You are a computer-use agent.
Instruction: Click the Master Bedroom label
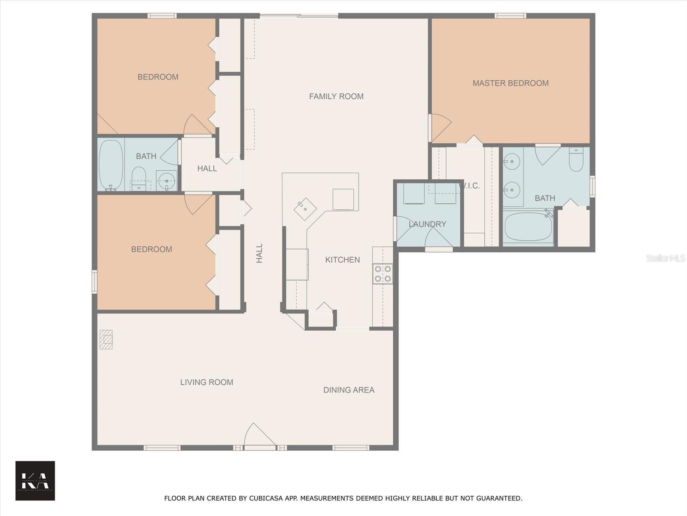point(511,83)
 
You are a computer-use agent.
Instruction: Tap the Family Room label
point(336,96)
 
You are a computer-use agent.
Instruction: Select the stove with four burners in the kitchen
point(383,273)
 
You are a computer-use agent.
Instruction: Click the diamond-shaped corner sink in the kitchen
point(305,209)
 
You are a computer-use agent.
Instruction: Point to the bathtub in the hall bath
point(111,164)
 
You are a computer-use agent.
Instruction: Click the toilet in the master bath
point(576,160)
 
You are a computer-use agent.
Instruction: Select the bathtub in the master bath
point(528,227)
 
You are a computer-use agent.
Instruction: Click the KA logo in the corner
point(35,481)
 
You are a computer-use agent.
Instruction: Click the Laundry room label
point(427,224)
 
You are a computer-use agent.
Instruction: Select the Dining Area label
point(349,390)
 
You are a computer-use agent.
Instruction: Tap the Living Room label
point(207,382)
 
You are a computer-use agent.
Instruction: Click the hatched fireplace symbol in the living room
point(106,339)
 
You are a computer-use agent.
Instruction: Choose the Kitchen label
point(342,260)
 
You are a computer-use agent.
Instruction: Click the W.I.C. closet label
point(471,186)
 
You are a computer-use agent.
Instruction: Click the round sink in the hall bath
point(167,181)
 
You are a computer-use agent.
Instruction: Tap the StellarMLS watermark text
point(665,258)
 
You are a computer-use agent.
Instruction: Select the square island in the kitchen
point(343,200)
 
